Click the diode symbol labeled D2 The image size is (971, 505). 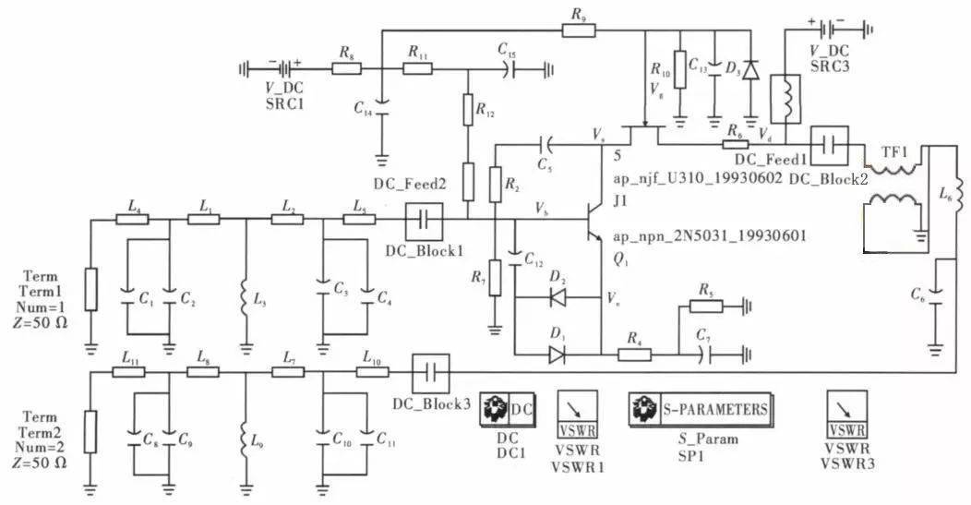[x=557, y=297]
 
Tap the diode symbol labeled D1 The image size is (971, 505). [x=557, y=352]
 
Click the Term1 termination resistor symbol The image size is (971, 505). [x=90, y=288]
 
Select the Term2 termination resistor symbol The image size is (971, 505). [x=90, y=432]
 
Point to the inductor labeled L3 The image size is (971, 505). [x=245, y=297]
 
